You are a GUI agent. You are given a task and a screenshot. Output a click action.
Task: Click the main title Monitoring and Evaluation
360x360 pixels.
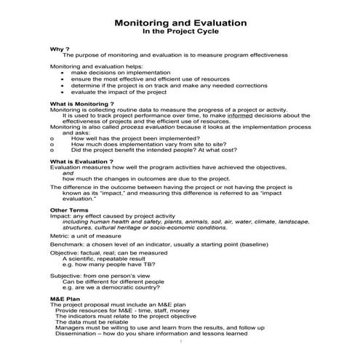pyautogui.click(x=180, y=23)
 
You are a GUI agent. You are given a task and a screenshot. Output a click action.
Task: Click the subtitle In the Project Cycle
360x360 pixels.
pyautogui.click(x=180, y=33)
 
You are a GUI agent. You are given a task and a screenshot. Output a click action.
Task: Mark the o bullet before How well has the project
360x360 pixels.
pyautogui.click(x=52, y=137)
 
